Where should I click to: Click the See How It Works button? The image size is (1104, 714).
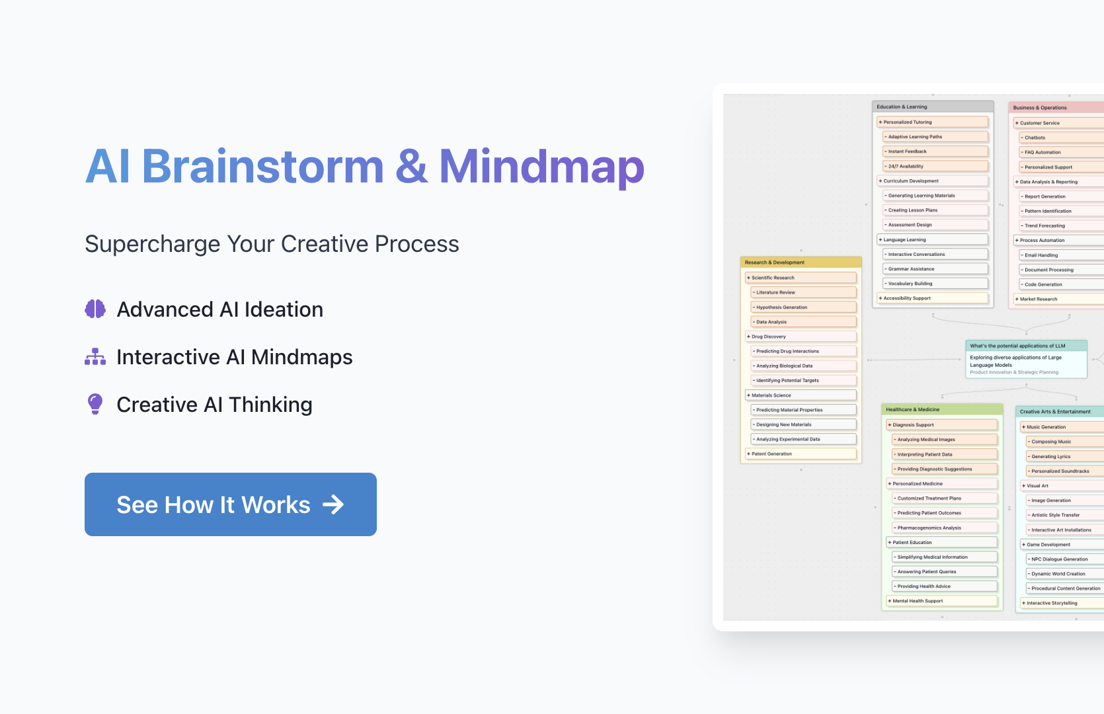coord(230,504)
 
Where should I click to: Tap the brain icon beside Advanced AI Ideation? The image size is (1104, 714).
coord(95,309)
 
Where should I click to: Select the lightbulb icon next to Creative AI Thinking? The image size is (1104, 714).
coord(95,404)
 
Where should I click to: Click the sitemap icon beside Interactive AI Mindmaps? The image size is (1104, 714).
coord(95,357)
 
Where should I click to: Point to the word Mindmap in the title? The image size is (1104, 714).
coord(541,167)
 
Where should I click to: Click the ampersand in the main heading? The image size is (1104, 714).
coord(411,167)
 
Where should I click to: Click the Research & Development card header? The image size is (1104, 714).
coord(801,262)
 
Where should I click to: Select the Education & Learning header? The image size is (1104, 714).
coord(933,106)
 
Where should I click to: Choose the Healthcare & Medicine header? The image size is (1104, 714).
coord(942,409)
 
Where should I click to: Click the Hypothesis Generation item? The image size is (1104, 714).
coord(803,307)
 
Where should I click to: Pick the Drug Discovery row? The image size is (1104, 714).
coord(801,337)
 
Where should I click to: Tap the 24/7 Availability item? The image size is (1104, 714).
coord(935,166)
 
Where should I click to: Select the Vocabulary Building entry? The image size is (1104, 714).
coord(935,284)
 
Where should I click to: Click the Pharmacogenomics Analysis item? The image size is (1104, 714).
coord(945,528)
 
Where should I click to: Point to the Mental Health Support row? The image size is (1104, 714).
coord(942,601)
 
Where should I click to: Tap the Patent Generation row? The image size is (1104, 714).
coord(801,454)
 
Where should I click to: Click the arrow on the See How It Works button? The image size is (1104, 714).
coord(333,504)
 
